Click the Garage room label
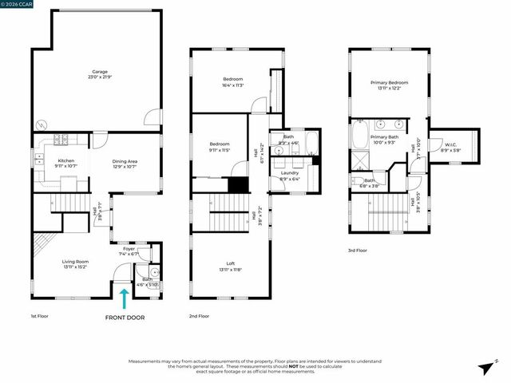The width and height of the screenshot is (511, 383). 99,73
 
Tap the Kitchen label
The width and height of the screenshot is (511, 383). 65,161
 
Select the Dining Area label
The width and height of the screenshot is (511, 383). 121,161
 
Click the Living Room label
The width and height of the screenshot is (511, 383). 76,261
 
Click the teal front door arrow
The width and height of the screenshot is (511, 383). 124,299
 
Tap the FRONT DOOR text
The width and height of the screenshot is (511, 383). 125,318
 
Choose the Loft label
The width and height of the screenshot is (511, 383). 231,263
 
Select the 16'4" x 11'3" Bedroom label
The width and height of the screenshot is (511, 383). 232,79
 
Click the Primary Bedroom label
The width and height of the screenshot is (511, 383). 389,83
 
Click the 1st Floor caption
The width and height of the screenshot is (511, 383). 40,317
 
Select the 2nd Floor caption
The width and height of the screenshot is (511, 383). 198,317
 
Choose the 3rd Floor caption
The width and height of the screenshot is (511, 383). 357,251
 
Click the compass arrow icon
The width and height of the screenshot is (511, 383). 485,368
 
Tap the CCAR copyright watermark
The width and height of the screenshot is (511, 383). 17,3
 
